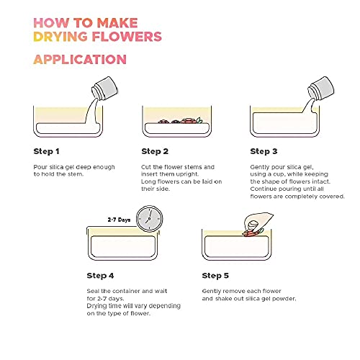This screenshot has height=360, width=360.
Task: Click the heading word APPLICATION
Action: click(80, 59)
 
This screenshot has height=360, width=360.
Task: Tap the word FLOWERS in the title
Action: click(127, 37)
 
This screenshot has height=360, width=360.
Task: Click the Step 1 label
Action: click(46, 151)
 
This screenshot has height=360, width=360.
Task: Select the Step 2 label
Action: click(155, 151)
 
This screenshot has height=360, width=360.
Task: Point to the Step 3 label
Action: click(264, 151)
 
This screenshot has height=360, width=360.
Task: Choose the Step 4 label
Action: click(100, 276)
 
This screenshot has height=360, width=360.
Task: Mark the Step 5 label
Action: click(215, 276)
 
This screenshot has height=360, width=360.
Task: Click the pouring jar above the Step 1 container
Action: click(105, 88)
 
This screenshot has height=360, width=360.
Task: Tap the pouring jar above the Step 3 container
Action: click(321, 88)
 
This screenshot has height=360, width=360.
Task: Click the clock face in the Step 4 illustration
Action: click(149, 219)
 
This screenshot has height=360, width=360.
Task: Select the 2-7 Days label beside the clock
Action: click(119, 220)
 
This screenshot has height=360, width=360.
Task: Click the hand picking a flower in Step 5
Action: click(257, 222)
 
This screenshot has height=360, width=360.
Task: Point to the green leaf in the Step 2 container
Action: click(199, 120)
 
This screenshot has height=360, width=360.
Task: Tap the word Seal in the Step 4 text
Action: click(93, 291)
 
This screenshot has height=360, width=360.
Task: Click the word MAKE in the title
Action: click(117, 23)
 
